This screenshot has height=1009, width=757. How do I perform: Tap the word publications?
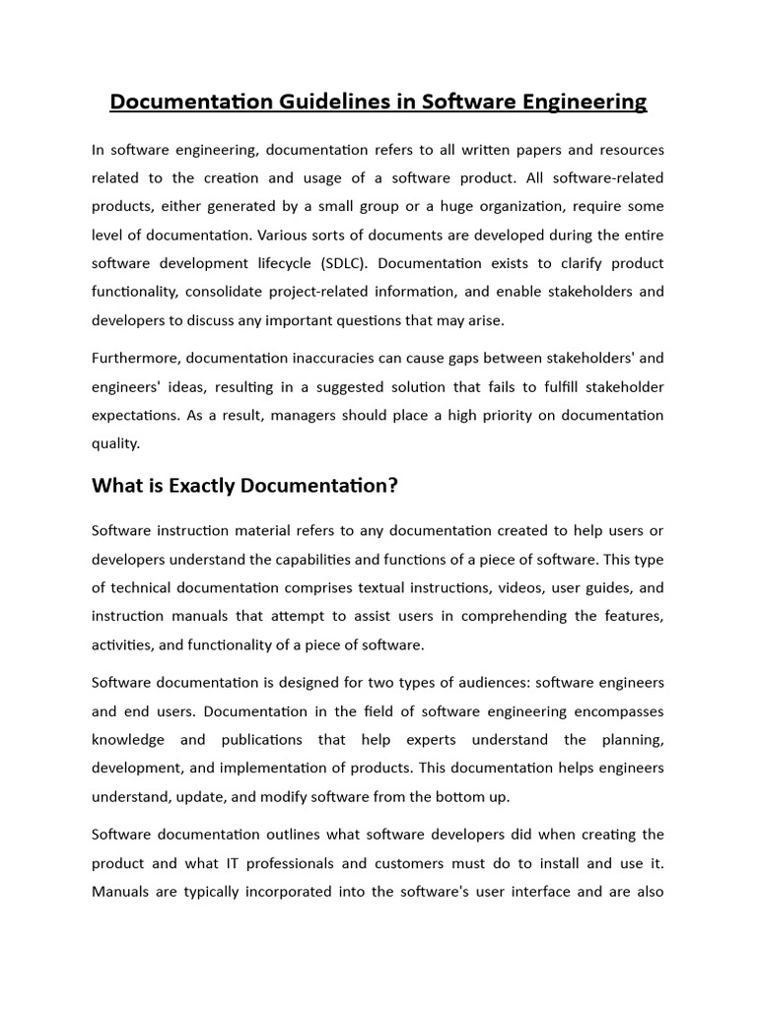coord(262,739)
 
